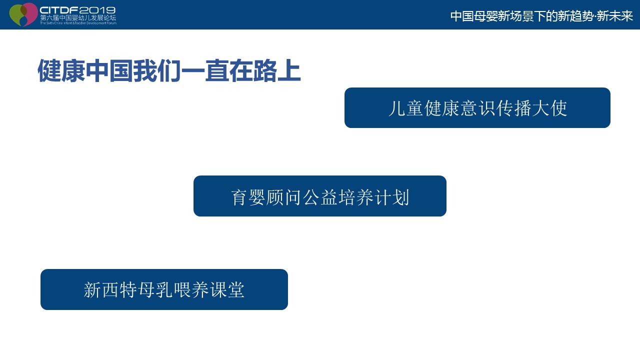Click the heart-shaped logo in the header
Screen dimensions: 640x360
(x=23, y=14)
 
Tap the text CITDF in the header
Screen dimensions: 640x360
(x=59, y=10)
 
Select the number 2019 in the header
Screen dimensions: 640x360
(x=97, y=10)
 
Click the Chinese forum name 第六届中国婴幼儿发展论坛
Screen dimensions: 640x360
(x=78, y=17)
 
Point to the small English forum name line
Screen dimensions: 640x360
(x=78, y=23)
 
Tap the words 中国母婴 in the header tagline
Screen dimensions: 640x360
(x=474, y=16)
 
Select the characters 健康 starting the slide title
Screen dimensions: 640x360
(x=61, y=70)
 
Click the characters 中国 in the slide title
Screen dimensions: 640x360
(x=109, y=70)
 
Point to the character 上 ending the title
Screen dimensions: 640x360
(x=289, y=70)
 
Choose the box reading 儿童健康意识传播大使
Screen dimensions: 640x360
(x=477, y=107)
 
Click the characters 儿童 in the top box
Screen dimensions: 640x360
(x=405, y=108)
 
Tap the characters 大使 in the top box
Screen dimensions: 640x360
(x=549, y=108)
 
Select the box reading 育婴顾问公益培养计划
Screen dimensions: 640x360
(x=320, y=196)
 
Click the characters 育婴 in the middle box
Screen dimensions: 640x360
(x=248, y=197)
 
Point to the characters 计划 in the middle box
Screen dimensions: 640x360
(x=392, y=197)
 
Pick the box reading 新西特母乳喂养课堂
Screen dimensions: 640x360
(x=164, y=289)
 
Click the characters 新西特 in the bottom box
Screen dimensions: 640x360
(x=110, y=290)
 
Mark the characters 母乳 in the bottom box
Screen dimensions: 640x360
(x=155, y=290)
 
